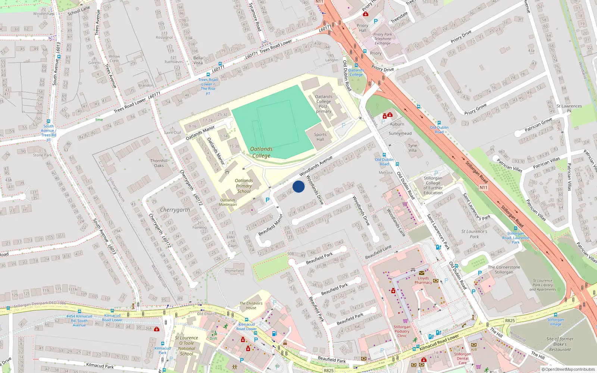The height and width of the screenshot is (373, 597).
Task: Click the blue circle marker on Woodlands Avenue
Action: (x=298, y=186)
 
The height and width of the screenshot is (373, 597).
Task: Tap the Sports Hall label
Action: (x=320, y=137)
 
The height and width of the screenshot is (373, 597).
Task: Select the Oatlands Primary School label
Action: (x=244, y=186)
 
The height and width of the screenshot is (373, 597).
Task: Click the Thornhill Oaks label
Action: (x=159, y=163)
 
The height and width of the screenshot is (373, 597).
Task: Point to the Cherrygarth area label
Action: (x=175, y=210)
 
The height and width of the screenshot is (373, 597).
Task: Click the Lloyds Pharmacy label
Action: (x=423, y=280)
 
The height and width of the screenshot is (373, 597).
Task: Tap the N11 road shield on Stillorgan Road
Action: (x=483, y=187)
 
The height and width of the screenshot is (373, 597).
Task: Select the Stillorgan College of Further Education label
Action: (x=433, y=185)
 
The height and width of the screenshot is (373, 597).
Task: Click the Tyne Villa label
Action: (x=412, y=148)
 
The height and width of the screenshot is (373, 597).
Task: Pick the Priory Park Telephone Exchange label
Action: (x=382, y=39)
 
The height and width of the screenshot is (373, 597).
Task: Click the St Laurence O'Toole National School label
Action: (x=186, y=346)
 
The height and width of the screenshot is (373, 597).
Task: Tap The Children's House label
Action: (x=251, y=305)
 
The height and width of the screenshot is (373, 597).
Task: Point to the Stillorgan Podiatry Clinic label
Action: (x=402, y=331)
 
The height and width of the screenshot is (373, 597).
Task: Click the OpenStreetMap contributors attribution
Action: (x=568, y=369)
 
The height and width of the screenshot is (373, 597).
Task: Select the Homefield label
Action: (x=234, y=271)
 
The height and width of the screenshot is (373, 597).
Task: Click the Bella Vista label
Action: (x=198, y=60)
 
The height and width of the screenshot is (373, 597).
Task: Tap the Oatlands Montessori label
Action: (x=228, y=202)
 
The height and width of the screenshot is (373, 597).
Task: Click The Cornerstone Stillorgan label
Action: (x=504, y=269)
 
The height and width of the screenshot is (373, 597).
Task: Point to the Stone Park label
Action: (x=43, y=155)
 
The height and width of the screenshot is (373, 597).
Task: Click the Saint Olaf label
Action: (x=172, y=132)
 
